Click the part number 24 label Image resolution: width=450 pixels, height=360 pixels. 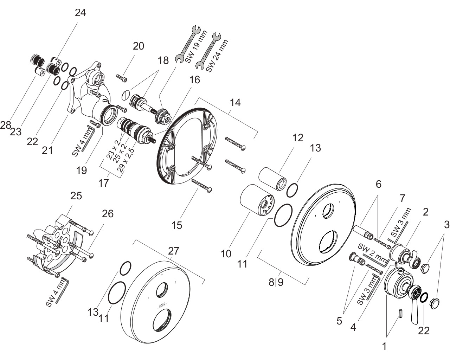point(81,13)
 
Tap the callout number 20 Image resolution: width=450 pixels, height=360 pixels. point(139,46)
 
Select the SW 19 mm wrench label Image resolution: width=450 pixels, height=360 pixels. point(196,47)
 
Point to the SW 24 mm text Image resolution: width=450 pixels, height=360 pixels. point(217,56)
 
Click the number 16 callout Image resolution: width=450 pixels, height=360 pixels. point(194,80)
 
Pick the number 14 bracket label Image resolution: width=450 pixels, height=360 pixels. point(235,103)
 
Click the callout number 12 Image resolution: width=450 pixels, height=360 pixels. point(298,138)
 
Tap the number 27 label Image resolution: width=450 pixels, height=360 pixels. point(174,251)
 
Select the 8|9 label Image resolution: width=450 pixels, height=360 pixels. point(276,282)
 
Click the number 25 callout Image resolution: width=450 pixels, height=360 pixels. point(76,196)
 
